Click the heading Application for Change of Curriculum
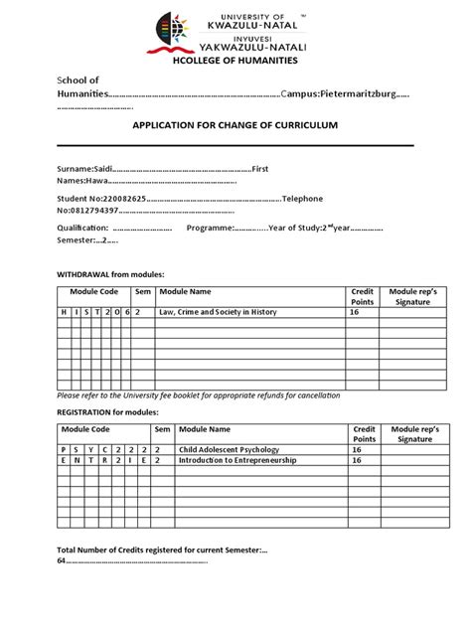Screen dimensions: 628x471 [235, 125]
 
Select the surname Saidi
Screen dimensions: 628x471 [104, 169]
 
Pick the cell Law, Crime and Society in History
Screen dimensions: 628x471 [219, 312]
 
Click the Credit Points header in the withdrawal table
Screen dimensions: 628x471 [362, 296]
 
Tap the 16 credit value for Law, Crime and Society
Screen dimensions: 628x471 [353, 312]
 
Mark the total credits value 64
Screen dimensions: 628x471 [61, 560]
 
